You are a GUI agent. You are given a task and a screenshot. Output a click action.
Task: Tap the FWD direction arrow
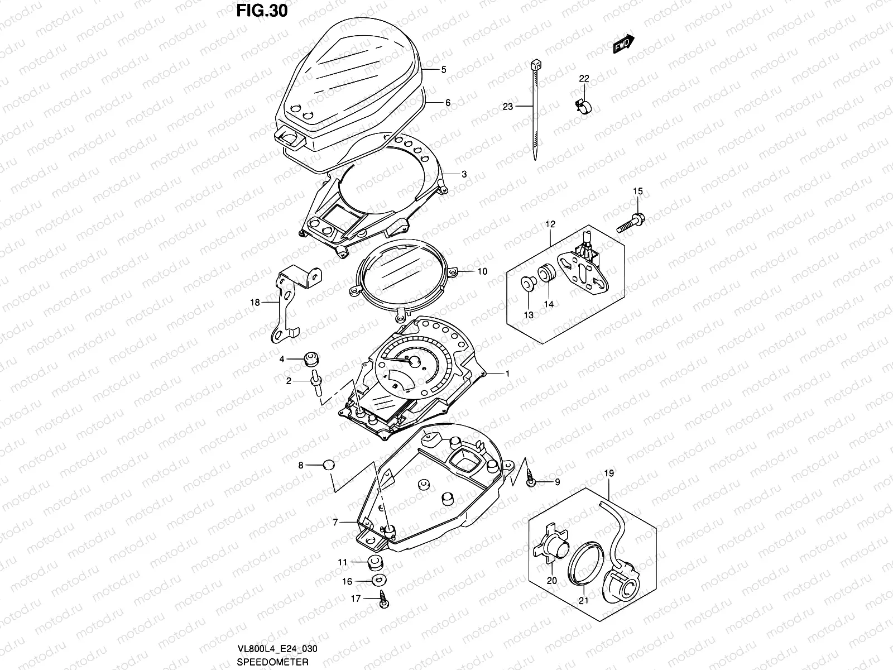coord(623,45)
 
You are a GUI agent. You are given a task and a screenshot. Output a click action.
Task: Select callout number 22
coord(583,79)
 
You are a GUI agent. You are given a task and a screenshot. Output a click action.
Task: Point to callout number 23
coord(507,106)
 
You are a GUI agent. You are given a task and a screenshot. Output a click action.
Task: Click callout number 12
coord(550,224)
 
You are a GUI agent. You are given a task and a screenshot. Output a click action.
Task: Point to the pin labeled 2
coord(315,384)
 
